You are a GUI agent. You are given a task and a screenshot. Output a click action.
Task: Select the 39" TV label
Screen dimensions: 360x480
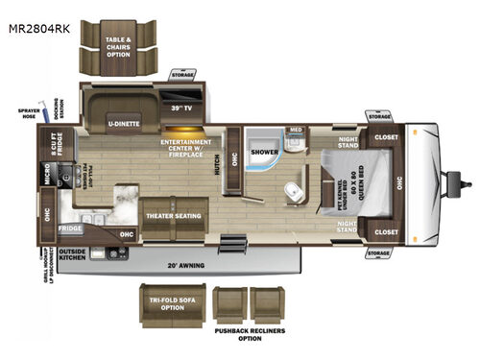[180, 108]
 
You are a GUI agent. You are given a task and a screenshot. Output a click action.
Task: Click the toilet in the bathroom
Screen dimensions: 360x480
[295, 191]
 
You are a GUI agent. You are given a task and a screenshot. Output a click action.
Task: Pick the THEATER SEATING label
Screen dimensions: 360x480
[173, 215]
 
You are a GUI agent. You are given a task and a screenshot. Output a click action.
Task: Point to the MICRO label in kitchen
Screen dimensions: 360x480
[46, 176]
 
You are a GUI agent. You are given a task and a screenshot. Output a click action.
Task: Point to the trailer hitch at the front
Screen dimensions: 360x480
[465, 181]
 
